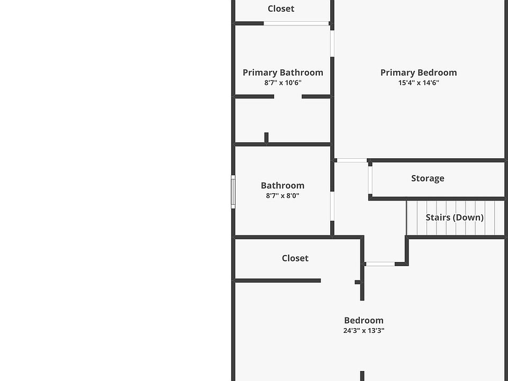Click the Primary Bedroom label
point(419,72)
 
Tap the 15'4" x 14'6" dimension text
point(419,83)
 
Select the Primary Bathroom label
point(283,72)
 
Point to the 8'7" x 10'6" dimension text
point(283,83)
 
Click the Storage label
point(428,178)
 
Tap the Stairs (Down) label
point(455,217)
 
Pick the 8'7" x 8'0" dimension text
point(283,195)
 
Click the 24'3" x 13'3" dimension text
point(364,331)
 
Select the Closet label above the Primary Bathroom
point(281,8)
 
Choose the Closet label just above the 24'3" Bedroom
point(295,258)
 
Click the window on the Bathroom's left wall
point(233,192)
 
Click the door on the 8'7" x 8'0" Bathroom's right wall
point(332,206)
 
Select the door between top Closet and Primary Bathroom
point(296,23)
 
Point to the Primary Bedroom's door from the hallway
point(351,160)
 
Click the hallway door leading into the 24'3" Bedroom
point(380,264)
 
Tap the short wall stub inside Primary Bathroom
point(266,138)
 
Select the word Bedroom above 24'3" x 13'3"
point(364,320)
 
